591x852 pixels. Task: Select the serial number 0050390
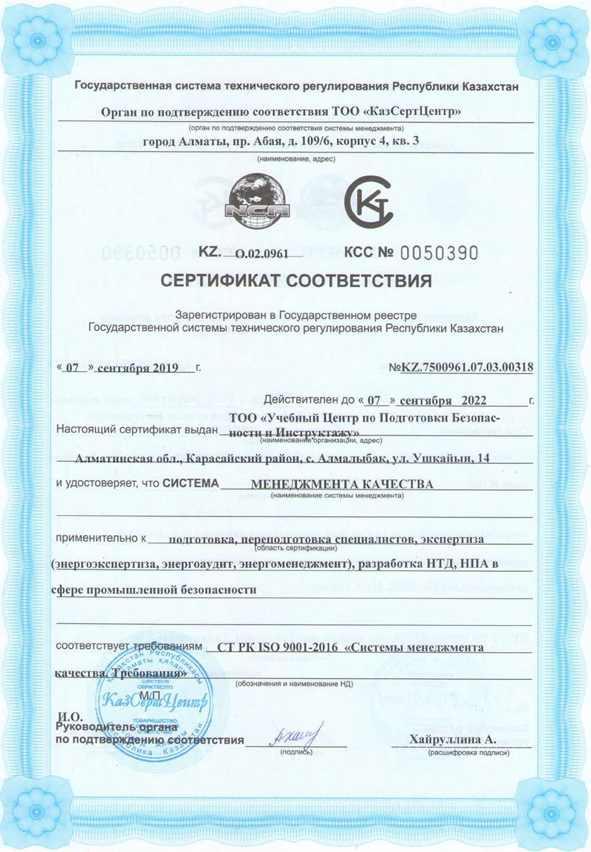click(439, 253)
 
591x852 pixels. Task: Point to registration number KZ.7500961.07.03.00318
click(467, 367)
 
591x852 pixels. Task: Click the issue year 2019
click(165, 368)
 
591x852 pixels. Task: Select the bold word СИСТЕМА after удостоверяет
click(190, 483)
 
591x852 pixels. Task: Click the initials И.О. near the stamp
click(69, 717)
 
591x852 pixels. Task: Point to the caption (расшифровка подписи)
click(469, 753)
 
